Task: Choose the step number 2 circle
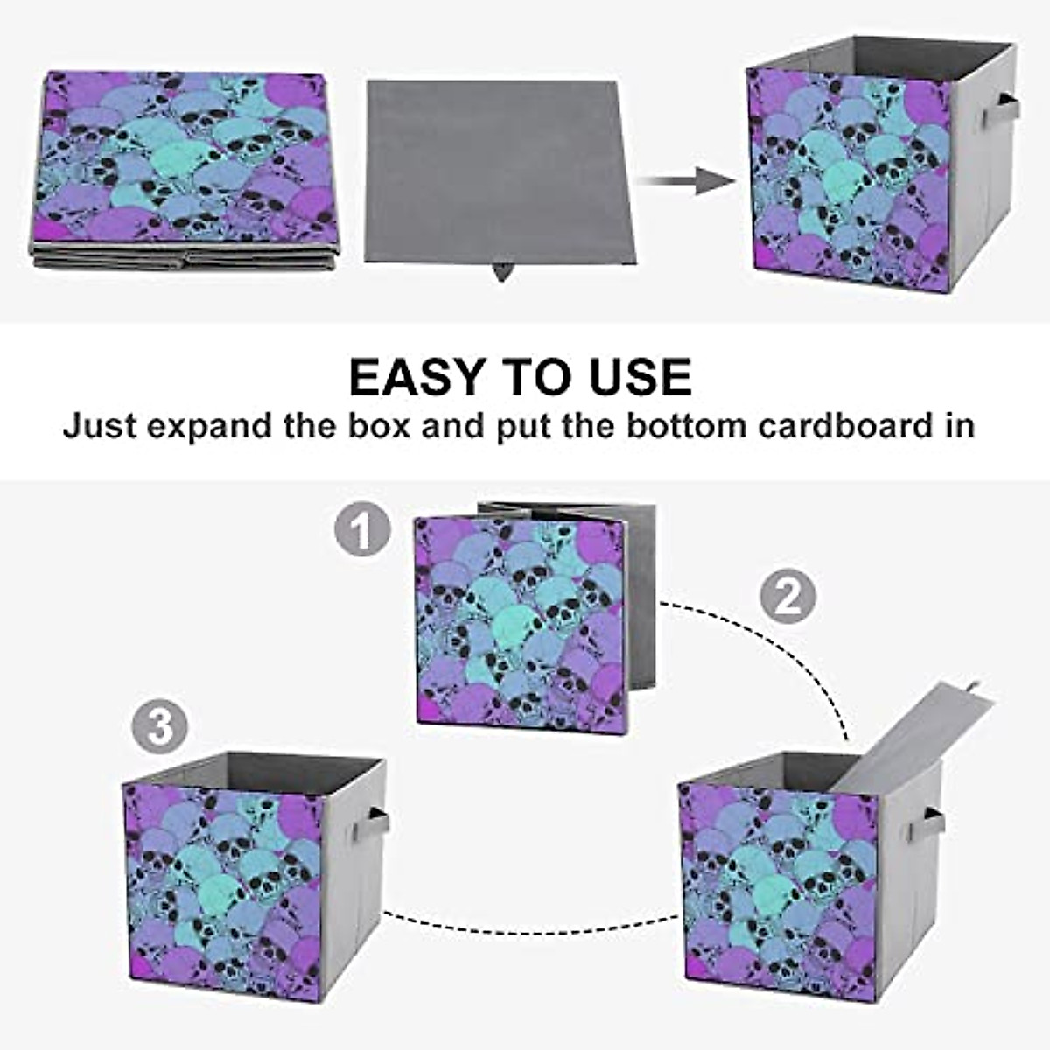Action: [787, 597]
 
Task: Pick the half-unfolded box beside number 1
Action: [525, 617]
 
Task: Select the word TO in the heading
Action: [536, 377]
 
